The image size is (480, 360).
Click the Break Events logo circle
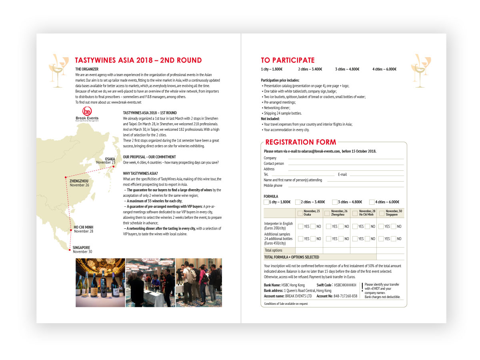pos(87,112)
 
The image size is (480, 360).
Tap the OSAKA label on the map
pos(110,159)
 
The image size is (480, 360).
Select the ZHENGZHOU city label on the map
pos(79,181)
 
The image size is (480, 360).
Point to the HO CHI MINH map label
pos(83,227)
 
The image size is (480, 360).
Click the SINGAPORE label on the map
pos(81,248)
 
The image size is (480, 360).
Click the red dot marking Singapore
pos(70,250)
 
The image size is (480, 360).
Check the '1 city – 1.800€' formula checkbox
pos(266,202)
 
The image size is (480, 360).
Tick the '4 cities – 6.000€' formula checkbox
pos(372,202)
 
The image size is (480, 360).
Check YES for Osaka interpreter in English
pos(300,226)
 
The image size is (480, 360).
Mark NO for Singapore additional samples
pos(394,239)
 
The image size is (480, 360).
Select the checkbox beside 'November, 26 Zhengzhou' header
pos(327,213)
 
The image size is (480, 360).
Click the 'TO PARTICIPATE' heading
pos(288,60)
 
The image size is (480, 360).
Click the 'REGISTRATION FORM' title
pos(300,142)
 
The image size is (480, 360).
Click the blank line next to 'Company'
pos(346,158)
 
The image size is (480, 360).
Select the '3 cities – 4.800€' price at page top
pos(347,69)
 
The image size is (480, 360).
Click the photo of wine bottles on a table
pos(100,282)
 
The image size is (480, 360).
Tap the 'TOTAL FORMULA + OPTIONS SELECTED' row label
pos(292,257)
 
